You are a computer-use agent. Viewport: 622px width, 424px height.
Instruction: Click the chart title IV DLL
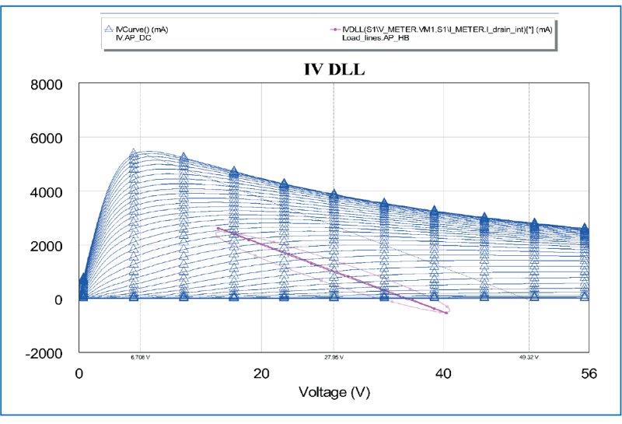334,68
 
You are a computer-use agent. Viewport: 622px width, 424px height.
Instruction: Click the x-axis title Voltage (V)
334,393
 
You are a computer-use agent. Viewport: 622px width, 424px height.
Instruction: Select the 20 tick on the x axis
261,374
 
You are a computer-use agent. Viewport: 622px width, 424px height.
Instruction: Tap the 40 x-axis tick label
443,374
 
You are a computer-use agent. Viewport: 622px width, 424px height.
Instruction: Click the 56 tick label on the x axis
589,374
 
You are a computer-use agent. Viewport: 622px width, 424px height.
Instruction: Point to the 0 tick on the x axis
79,374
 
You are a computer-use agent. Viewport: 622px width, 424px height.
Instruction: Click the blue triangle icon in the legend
109,30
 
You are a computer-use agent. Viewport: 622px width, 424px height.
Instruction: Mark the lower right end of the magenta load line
447,313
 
